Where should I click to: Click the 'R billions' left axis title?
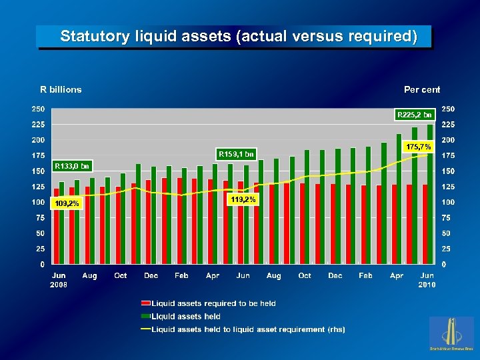[x=61, y=89]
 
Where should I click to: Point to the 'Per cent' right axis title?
[x=422, y=89]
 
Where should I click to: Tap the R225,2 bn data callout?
[x=415, y=115]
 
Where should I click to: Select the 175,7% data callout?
[x=419, y=145]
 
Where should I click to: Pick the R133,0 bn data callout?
[x=71, y=165]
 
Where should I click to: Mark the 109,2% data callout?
[x=67, y=203]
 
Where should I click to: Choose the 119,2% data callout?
[x=242, y=199]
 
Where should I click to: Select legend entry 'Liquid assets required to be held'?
[x=213, y=303]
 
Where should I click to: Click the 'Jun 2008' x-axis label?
[x=59, y=280]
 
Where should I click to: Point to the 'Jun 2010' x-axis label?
[x=427, y=280]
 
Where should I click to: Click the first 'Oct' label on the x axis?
[x=121, y=276]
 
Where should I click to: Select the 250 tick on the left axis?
[x=39, y=109]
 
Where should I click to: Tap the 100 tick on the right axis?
[x=449, y=202]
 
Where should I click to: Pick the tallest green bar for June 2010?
[x=430, y=193]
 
